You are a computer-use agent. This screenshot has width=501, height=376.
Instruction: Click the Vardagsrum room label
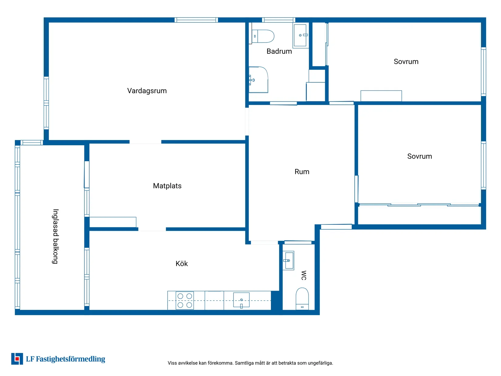[x=147, y=91]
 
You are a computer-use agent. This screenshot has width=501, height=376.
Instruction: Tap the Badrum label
[x=279, y=51]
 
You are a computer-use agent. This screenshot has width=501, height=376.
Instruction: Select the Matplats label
[x=167, y=186]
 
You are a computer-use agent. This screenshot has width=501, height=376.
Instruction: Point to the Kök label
[x=182, y=263]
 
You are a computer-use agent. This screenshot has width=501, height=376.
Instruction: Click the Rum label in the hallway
[x=302, y=172]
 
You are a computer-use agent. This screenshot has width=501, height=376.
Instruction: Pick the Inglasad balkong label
[x=56, y=237]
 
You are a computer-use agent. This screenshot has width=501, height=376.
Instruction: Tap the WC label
[x=304, y=275]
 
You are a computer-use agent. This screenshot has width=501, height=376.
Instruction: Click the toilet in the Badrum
[x=262, y=36]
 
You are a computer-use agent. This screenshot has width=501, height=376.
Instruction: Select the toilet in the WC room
[x=302, y=299]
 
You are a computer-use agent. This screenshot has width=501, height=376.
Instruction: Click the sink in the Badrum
[x=300, y=35]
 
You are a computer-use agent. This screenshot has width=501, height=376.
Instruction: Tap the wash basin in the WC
[x=288, y=261]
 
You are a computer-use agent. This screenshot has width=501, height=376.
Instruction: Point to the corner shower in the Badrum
[x=258, y=80]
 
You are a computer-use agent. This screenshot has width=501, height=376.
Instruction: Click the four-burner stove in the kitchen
[x=185, y=300]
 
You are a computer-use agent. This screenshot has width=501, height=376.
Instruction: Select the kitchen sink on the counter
[x=241, y=300]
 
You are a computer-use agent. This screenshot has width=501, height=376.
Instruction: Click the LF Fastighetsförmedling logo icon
[x=17, y=359]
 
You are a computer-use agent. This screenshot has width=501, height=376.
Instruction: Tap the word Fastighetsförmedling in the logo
[x=70, y=359]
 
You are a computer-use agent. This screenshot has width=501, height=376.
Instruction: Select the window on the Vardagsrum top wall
[x=196, y=20]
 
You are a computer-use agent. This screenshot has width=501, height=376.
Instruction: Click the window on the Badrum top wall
[x=278, y=20]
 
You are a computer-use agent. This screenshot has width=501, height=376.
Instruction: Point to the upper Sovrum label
[x=406, y=61]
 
